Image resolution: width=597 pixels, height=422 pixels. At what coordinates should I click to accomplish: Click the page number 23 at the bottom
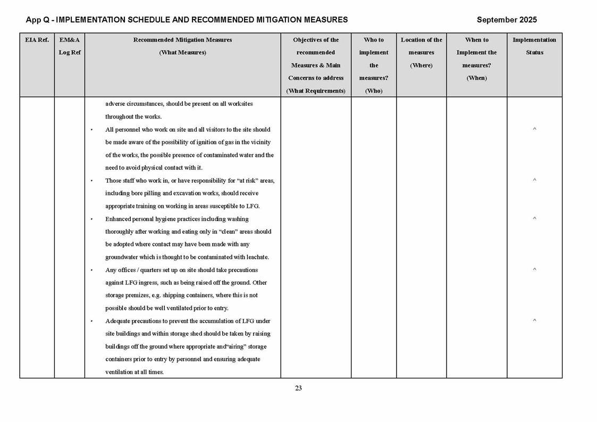pyautogui.click(x=298, y=389)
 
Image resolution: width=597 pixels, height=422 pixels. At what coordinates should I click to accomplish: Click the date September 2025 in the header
pyautogui.click(x=507, y=20)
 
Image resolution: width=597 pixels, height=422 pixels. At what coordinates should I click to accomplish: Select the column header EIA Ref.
pyautogui.click(x=37, y=40)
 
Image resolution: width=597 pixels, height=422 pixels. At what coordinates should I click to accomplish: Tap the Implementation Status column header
pyautogui.click(x=534, y=46)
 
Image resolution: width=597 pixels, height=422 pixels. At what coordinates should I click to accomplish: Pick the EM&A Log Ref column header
pyautogui.click(x=70, y=46)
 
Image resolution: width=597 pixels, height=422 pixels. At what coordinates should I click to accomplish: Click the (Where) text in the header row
pyautogui.click(x=421, y=65)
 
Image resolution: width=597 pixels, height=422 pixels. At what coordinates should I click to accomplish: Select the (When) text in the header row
pyautogui.click(x=476, y=78)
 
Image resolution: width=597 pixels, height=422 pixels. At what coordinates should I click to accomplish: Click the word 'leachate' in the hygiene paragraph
pyautogui.click(x=256, y=257)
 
